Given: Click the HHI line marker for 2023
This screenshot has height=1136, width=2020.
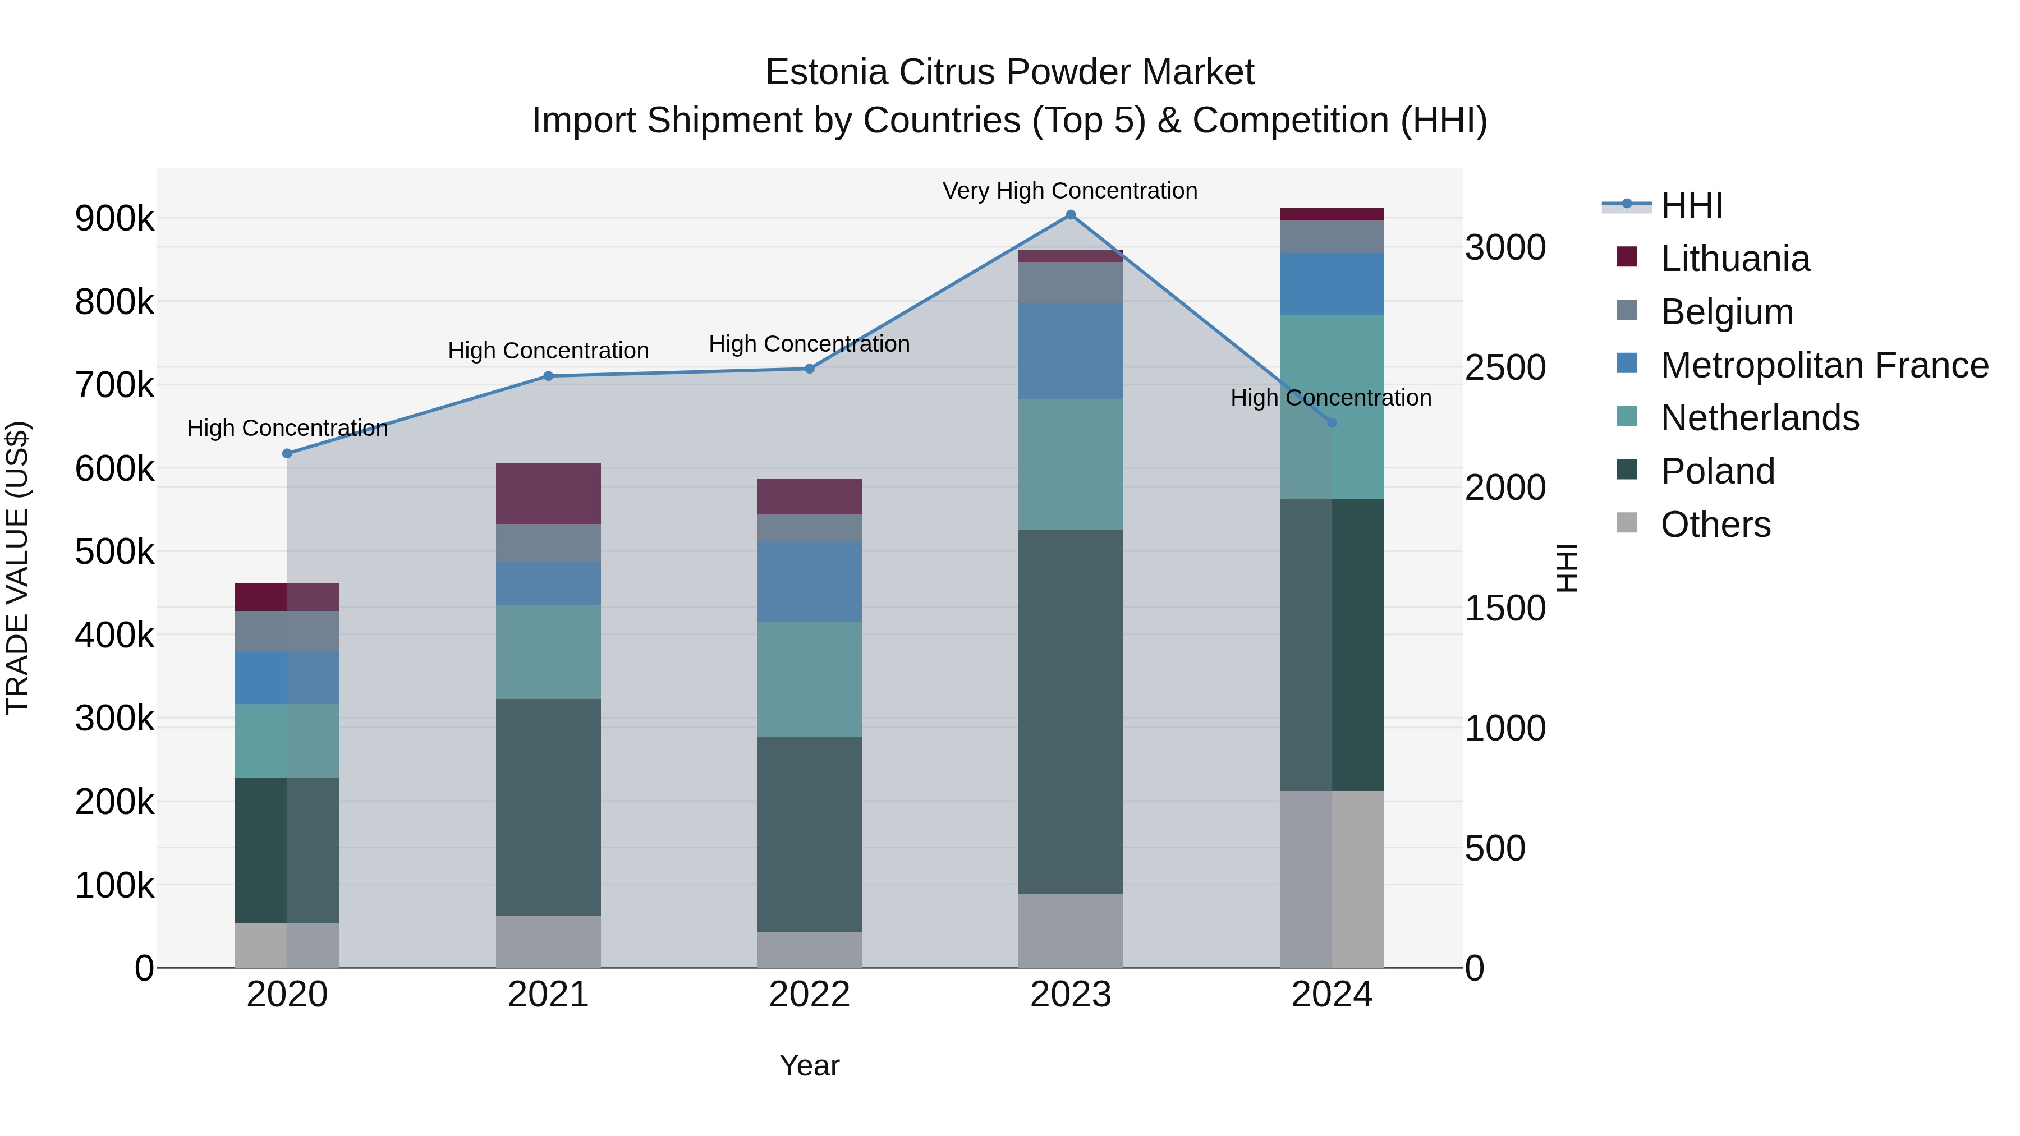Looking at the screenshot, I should click(x=1071, y=215).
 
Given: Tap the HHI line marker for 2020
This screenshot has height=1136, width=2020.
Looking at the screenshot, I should click(x=287, y=453).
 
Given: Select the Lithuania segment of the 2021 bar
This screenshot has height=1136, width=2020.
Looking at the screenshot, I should click(x=548, y=493).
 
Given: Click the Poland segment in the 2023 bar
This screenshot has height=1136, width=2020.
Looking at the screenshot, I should click(x=1071, y=711).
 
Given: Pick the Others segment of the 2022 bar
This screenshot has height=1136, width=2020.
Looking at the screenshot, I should click(x=809, y=949).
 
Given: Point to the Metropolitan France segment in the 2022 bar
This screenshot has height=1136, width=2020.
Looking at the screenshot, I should click(x=809, y=581).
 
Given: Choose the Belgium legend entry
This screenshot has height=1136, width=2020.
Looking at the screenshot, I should click(x=1726, y=311).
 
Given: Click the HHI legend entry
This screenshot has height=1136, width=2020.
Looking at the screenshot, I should click(x=1691, y=205).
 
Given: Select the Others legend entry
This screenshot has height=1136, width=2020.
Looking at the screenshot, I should click(x=1715, y=524).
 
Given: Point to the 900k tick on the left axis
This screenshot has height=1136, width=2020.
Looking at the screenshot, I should click(x=114, y=219).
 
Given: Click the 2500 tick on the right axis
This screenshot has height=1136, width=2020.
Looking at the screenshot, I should click(x=1505, y=367).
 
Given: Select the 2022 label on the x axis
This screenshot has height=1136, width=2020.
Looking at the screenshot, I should click(x=809, y=995).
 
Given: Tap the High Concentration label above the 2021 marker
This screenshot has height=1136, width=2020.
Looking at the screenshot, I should click(x=548, y=351).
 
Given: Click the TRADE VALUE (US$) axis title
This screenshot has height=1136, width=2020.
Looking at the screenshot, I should click(x=17, y=568).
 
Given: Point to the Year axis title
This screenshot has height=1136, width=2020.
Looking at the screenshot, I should click(x=809, y=1065).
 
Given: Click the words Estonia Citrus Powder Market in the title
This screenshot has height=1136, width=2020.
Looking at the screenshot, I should click(x=1009, y=72).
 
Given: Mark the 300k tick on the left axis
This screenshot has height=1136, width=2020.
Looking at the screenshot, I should click(x=114, y=718).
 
